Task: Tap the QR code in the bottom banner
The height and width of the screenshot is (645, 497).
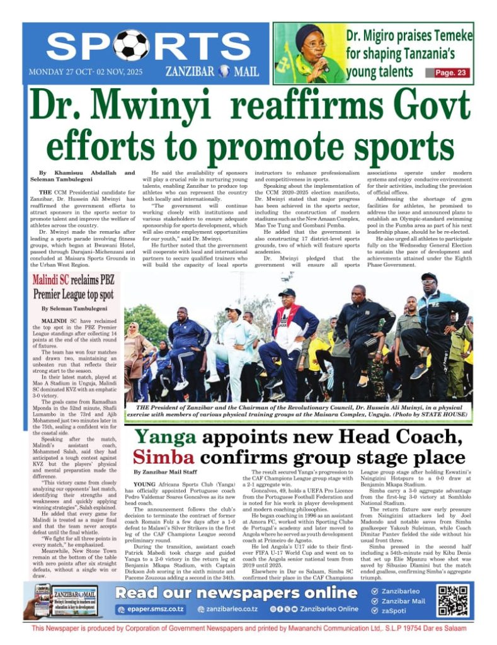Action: [x=453, y=600]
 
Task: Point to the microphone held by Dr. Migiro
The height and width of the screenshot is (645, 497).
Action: [x=325, y=64]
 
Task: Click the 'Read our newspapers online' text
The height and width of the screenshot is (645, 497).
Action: [x=236, y=593]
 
